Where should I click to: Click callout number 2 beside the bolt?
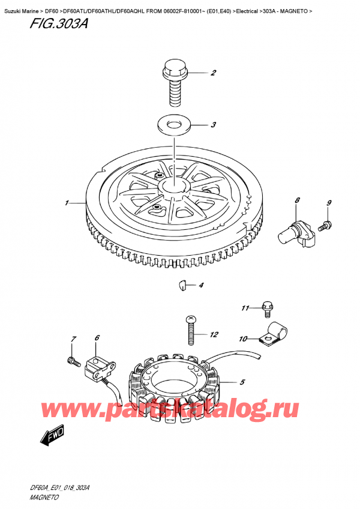click(213, 73)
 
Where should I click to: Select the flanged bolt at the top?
click(175, 82)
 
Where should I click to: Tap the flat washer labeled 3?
click(173, 125)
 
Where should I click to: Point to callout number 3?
click(213, 125)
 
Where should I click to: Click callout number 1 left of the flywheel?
click(67, 203)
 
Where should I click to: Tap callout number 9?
click(329, 203)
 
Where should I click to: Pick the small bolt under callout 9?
click(325, 226)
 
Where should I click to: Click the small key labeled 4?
click(183, 285)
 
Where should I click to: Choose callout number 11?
click(245, 308)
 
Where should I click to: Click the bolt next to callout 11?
click(268, 309)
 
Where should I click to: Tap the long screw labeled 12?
click(191, 331)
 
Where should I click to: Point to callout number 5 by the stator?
click(242, 382)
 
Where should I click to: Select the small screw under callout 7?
click(74, 361)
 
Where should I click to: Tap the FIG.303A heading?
click(58, 23)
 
